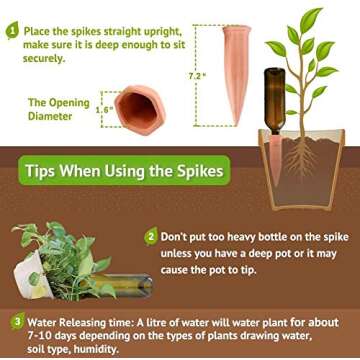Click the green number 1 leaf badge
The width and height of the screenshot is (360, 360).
(x=12, y=30)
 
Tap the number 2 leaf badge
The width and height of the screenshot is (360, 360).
(x=151, y=236)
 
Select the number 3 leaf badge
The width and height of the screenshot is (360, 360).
(x=17, y=322)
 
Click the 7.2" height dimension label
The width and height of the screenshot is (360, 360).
(x=197, y=76)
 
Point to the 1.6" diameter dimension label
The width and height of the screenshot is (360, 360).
(x=103, y=110)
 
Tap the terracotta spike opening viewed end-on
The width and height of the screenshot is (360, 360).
(x=140, y=110)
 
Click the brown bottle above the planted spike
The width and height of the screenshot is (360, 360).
(x=275, y=101)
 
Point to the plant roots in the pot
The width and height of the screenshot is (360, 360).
(x=301, y=157)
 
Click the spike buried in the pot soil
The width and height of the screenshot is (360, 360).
(x=275, y=160)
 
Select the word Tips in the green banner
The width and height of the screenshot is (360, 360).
(x=41, y=170)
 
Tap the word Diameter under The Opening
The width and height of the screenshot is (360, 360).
(x=50, y=116)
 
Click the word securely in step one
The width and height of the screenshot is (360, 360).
(x=42, y=58)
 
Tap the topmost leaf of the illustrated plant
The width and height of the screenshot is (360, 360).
(x=311, y=20)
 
